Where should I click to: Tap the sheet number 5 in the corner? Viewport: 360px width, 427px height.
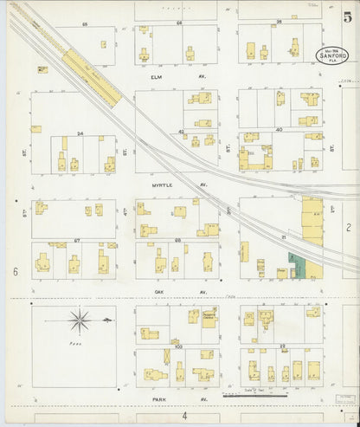click(346, 16)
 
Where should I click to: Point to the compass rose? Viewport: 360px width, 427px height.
click(80, 322)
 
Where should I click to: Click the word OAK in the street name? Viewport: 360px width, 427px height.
click(157, 292)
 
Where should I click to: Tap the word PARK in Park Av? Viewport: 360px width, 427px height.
click(157, 399)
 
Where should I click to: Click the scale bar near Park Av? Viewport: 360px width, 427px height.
click(256, 395)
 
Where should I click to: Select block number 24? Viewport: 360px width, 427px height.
click(80, 133)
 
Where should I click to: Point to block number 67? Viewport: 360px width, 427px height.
click(76, 240)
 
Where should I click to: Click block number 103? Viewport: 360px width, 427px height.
click(179, 346)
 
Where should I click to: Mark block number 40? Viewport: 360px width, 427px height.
click(279, 130)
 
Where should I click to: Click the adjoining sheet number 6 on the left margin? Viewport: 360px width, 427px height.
click(16, 272)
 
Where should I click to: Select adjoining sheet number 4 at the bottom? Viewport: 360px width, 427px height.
click(183, 416)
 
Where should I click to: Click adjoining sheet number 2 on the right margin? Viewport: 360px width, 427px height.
click(347, 226)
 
